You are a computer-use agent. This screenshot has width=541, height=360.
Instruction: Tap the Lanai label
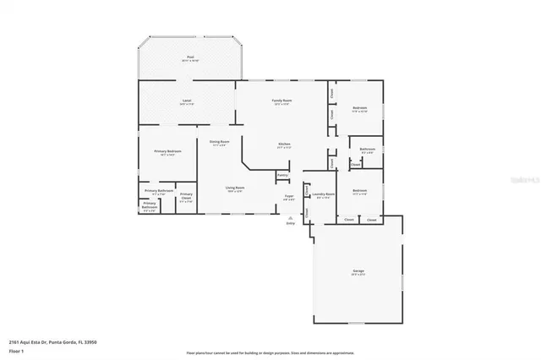click(187, 101)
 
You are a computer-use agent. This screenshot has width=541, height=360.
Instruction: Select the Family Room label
click(281, 101)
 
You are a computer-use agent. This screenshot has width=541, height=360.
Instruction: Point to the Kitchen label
click(285, 144)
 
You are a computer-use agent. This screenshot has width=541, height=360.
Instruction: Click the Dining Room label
click(219, 142)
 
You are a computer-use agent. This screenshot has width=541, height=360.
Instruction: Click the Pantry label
click(282, 175)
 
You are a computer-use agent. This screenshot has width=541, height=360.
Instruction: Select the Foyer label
click(289, 196)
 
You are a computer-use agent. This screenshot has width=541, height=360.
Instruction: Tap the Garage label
click(358, 270)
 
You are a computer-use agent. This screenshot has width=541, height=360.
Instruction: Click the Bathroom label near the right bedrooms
click(368, 150)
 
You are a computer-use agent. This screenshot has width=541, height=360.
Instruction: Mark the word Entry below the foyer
click(292, 223)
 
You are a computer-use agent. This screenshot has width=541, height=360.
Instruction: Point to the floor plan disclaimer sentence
click(270, 352)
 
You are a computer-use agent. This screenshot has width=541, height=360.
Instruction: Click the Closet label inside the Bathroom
click(356, 164)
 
